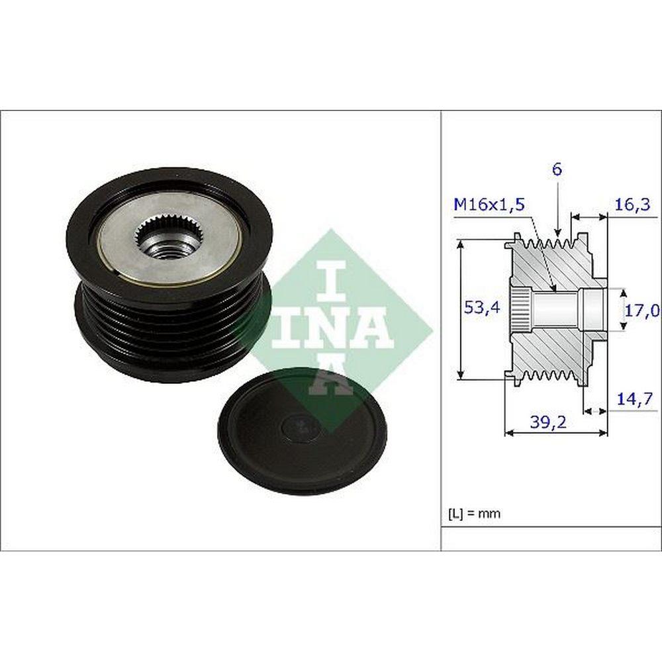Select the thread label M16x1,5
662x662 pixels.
click(x=489, y=205)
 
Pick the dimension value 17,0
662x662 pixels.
click(x=641, y=311)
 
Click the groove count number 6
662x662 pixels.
click(x=557, y=169)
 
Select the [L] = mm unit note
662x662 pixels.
click(x=474, y=514)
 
